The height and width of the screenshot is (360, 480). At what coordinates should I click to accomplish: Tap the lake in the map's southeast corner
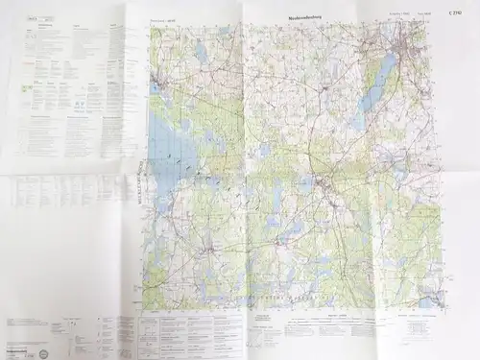[429, 299]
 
